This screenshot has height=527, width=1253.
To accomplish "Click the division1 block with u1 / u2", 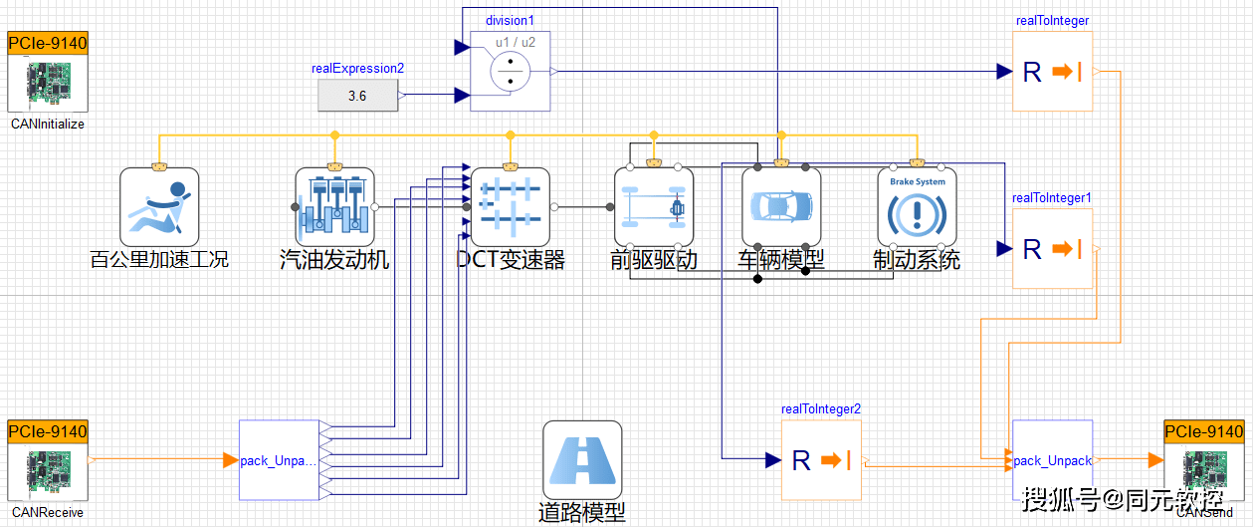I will pyautogui.click(x=510, y=71).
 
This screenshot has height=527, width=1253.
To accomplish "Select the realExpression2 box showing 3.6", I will pyautogui.click(x=357, y=96).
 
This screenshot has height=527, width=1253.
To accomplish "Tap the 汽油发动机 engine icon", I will pyautogui.click(x=334, y=207).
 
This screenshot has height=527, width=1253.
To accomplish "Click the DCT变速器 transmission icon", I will pyautogui.click(x=510, y=207).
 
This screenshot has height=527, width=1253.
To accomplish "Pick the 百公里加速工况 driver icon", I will pyautogui.click(x=159, y=207).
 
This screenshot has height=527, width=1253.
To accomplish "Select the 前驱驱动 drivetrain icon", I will pyautogui.click(x=653, y=207).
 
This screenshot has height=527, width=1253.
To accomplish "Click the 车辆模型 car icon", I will pyautogui.click(x=781, y=207).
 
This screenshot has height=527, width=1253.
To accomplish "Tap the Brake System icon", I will pyautogui.click(x=917, y=207).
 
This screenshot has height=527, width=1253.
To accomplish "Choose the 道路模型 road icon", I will pyautogui.click(x=582, y=460).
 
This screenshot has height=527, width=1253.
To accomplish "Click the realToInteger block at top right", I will pyautogui.click(x=1052, y=71).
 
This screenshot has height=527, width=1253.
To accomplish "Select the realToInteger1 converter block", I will pyautogui.click(x=1052, y=248).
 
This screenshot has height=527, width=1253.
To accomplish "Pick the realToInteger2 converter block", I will pyautogui.click(x=821, y=459).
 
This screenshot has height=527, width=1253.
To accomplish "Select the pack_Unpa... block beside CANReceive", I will pyautogui.click(x=279, y=460).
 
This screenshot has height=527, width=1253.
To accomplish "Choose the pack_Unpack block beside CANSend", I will pyautogui.click(x=1052, y=460).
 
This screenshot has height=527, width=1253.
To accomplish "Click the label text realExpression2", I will pyautogui.click(x=357, y=69).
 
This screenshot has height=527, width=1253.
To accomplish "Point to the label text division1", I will pyautogui.click(x=510, y=20).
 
